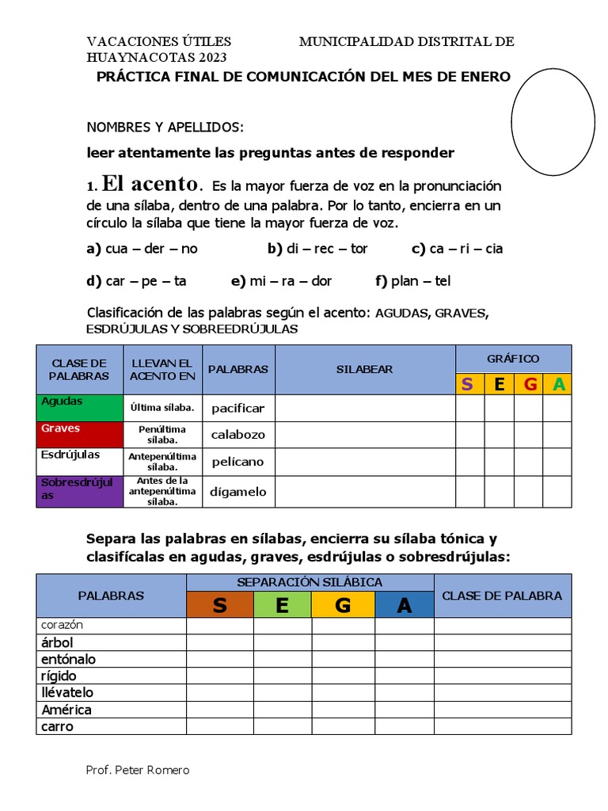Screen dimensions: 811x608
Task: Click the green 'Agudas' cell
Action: [79, 408]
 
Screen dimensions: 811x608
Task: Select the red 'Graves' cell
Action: [79, 434]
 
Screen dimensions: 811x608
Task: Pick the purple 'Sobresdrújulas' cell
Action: [79, 491]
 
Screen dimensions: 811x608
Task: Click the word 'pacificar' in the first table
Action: [237, 409]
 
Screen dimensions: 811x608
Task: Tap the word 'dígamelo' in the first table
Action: [237, 492]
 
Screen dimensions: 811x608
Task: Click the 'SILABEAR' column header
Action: [364, 369]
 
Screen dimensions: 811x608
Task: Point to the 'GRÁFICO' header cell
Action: [513, 359]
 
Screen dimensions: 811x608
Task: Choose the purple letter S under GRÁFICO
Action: [469, 385]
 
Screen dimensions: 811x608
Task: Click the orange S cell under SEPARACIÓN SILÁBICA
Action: [219, 606]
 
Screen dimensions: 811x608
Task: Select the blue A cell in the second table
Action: [404, 606]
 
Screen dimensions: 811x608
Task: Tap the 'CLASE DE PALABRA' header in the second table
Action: [502, 596]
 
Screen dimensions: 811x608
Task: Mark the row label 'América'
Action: [66, 710]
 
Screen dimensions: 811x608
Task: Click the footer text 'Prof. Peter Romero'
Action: [137, 770]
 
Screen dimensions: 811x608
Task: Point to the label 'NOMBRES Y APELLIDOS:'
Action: [165, 128]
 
